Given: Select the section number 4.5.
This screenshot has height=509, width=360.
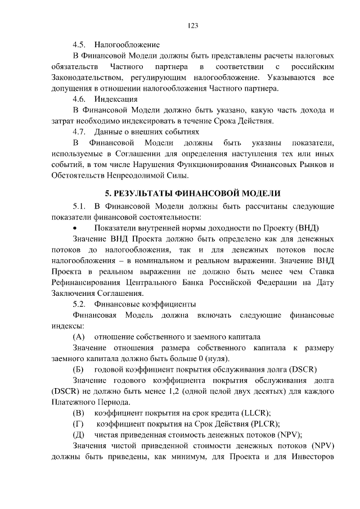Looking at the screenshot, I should [x=80, y=44].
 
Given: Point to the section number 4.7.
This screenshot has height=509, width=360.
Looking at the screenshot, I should [x=80, y=131].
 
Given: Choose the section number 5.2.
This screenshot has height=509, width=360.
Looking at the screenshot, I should [x=80, y=304].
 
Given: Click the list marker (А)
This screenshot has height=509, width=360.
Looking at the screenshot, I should [x=79, y=337].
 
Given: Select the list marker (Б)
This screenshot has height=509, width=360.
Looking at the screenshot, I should [x=79, y=370].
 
